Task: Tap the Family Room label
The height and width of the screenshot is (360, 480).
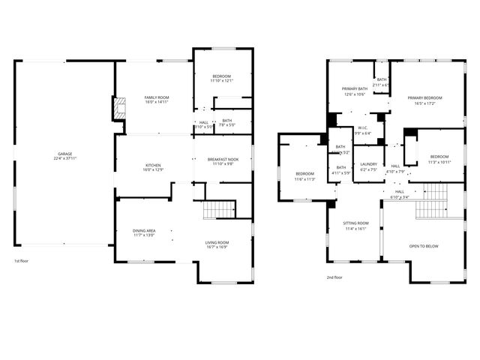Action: (x=157, y=98)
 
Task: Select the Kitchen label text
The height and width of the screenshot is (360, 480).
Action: (x=153, y=165)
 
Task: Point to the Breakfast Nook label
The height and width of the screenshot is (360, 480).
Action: (x=223, y=159)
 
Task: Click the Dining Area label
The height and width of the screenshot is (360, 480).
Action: (x=144, y=231)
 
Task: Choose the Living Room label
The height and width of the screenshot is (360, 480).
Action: (x=217, y=242)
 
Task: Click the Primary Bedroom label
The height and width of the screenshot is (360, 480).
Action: (x=424, y=98)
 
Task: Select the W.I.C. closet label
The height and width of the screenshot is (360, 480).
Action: (x=361, y=128)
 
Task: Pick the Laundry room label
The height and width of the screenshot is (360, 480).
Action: (x=368, y=164)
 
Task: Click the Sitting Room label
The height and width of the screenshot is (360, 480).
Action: (x=355, y=223)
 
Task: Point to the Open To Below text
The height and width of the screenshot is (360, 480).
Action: (x=424, y=246)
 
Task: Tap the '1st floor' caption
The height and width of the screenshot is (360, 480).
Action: (x=22, y=261)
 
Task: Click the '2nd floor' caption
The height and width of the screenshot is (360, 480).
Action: (x=334, y=277)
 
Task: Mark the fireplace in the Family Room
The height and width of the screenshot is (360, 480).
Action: (x=118, y=109)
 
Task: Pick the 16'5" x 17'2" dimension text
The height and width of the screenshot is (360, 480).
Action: (x=424, y=103)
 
